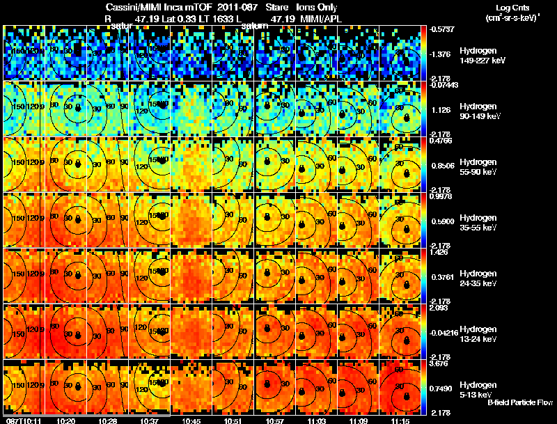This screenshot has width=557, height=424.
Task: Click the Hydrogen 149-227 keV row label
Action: [477, 56]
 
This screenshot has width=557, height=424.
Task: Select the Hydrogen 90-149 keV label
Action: [477, 111]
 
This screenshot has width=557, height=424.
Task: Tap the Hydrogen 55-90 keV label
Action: [477, 166]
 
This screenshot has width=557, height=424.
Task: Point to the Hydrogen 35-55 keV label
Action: [477, 222]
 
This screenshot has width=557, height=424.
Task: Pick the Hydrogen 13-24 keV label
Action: [477, 333]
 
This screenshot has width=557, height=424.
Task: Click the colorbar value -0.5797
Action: [442, 29]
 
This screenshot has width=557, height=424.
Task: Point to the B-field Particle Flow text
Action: [520, 402]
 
